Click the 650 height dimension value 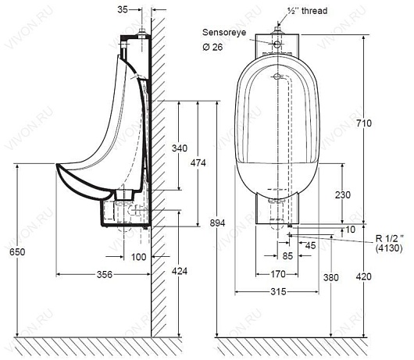coord(17,251)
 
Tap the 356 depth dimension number coord(105,274)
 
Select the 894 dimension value coord(218,223)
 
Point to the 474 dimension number coord(198,163)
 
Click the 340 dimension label coord(180,148)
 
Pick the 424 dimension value coord(180,271)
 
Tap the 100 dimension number coord(138,257)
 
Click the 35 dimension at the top coord(123,10)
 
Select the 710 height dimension coord(364,123)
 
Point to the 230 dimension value coord(343,195)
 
